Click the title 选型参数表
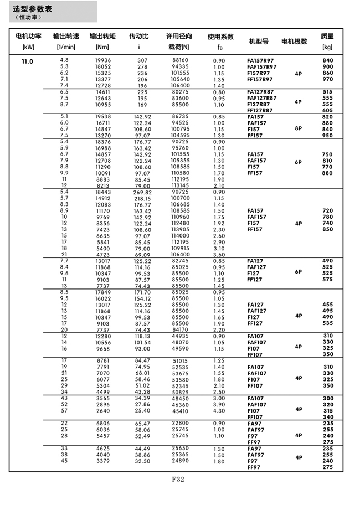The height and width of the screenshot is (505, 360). (x=33, y=9)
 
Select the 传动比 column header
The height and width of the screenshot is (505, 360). (x=139, y=37)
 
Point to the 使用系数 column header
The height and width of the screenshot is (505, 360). (x=218, y=37)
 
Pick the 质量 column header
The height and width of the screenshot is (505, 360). (x=327, y=37)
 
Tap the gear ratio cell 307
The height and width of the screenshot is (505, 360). (x=143, y=60)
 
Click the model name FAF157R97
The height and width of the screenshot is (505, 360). (x=261, y=66)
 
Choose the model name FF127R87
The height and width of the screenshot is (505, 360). (x=260, y=110)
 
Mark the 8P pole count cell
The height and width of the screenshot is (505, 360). (x=299, y=126)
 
